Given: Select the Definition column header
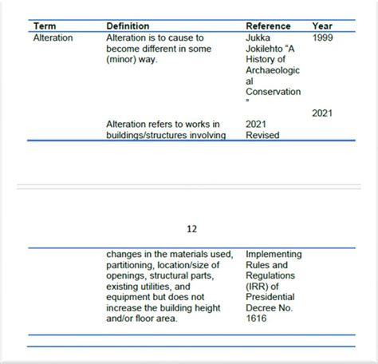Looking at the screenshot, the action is point(128,26).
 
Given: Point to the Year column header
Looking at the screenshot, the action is point(323,26).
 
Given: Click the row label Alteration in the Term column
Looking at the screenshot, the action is point(53,37).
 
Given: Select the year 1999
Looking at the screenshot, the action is point(324,37).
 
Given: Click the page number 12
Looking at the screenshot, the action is point(191,228).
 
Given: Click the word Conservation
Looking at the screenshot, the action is point(274,91).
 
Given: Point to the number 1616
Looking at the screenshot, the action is point(258,318).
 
